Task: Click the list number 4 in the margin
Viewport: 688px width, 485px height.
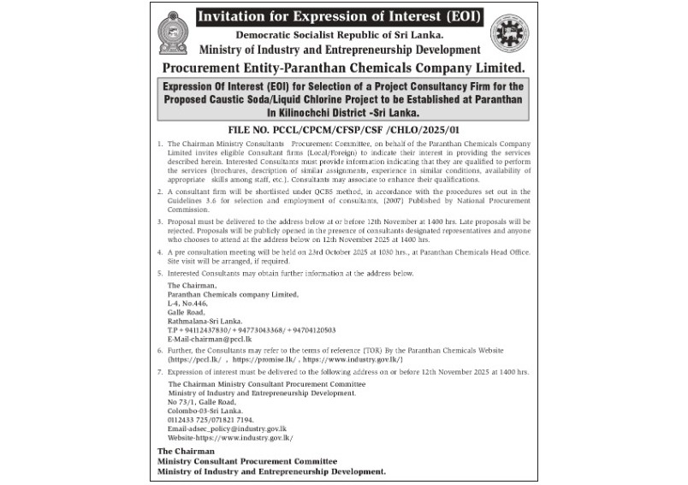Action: pos(160,253)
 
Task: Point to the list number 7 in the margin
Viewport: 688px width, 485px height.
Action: pos(160,373)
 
